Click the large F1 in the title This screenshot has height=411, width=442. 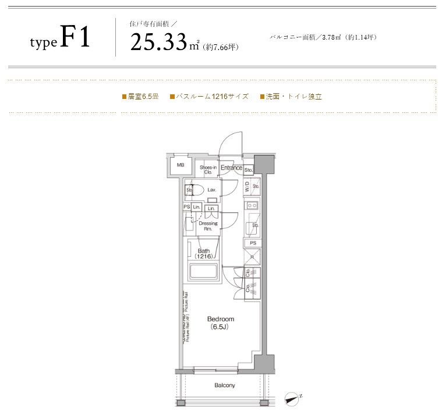(75, 38)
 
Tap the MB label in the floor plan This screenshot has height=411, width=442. (181, 165)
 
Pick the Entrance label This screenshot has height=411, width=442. (231, 168)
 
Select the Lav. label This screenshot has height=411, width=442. (212, 190)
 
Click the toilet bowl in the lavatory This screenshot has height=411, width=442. (197, 190)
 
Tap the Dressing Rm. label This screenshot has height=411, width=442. (208, 226)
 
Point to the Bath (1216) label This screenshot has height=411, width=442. (203, 253)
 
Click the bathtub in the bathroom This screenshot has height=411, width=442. (203, 272)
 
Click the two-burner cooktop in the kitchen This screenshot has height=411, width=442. (252, 205)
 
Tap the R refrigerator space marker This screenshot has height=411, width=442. (252, 256)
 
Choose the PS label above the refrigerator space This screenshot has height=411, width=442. (252, 243)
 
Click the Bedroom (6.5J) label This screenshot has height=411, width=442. (221, 323)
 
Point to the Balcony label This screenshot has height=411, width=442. (224, 385)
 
